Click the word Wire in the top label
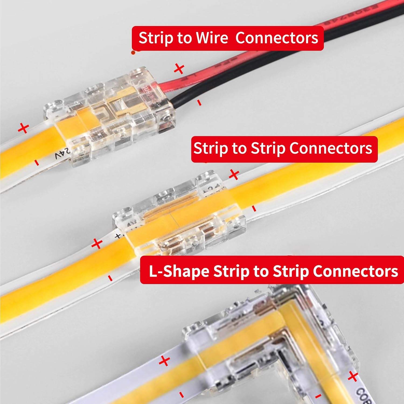[212, 38]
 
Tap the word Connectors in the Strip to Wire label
[277, 38]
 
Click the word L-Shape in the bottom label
[179, 271]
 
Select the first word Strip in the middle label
[211, 148]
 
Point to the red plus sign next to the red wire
[179, 69]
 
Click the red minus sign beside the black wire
[199, 103]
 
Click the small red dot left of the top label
[133, 53]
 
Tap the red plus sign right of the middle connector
[234, 175]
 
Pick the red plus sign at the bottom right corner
[353, 376]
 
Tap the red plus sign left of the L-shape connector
[165, 361]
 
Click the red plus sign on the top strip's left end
[24, 128]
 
